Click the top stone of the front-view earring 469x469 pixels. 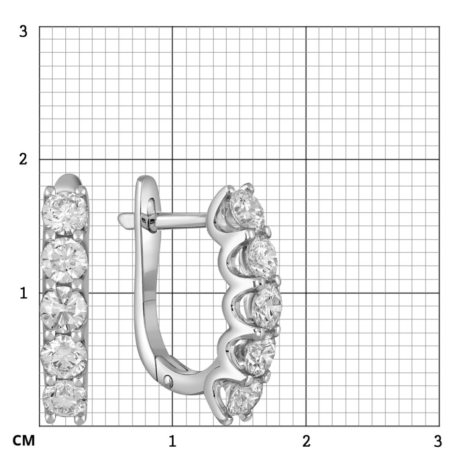[x=65, y=213]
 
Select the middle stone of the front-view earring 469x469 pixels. [x=64, y=309]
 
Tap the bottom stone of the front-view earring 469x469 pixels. [x=65, y=398]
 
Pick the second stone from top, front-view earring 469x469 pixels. [x=64, y=260]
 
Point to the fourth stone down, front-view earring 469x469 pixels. [x=64, y=356]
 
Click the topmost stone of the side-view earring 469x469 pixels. [x=247, y=209]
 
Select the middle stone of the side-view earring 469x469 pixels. [x=267, y=306]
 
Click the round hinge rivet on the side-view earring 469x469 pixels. [x=168, y=380]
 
